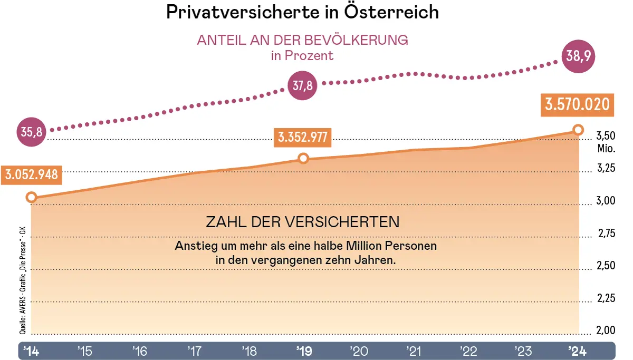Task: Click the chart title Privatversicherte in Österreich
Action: [302, 12]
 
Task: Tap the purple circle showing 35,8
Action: [31, 132]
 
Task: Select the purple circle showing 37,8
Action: [303, 86]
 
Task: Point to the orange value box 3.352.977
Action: [303, 138]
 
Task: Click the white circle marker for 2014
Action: [31, 198]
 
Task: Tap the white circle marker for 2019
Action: [303, 158]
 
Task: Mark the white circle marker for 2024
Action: [578, 130]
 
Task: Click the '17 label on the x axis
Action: [194, 351]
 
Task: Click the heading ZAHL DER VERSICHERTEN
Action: [302, 222]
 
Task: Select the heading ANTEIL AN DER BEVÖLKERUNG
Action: [302, 41]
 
